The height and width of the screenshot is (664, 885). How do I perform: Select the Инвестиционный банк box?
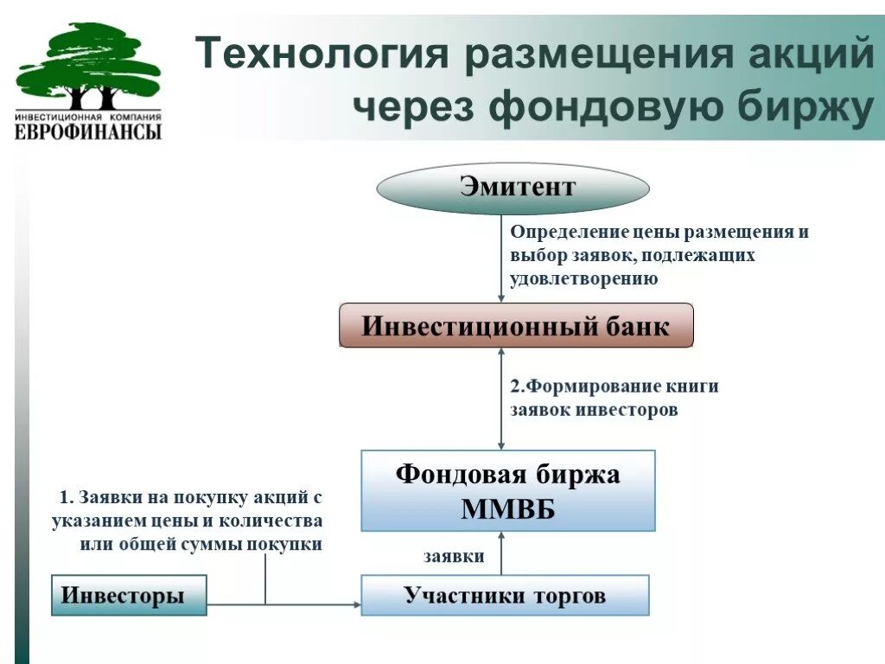pyautogui.click(x=516, y=326)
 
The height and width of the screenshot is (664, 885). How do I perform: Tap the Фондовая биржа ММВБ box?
pyautogui.click(x=508, y=490)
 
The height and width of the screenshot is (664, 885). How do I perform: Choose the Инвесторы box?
pyautogui.click(x=129, y=596)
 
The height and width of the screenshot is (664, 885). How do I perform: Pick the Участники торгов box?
pyautogui.click(x=505, y=596)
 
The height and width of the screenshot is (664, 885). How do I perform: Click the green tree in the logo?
pyautogui.click(x=88, y=66)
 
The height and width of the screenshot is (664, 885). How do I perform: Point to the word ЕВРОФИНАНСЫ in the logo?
pyautogui.click(x=88, y=131)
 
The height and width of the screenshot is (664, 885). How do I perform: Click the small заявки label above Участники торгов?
pyautogui.click(x=454, y=557)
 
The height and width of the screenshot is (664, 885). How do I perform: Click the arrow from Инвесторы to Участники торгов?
pyautogui.click(x=285, y=603)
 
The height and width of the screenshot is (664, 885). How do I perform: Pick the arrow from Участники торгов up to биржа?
pyautogui.click(x=501, y=553)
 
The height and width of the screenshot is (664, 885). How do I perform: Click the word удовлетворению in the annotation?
pyautogui.click(x=584, y=279)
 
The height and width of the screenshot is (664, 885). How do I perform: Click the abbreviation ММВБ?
pyautogui.click(x=508, y=509)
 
